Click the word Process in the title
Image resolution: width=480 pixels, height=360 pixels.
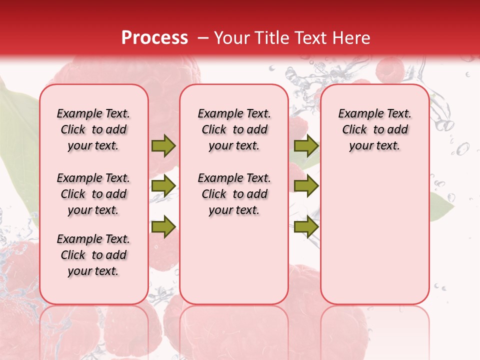coord(154,38)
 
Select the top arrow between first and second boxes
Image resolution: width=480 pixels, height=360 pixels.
coord(163,146)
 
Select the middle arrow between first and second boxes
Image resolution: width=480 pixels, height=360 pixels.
coord(163,186)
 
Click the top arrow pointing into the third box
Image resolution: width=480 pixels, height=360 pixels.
coord(306,146)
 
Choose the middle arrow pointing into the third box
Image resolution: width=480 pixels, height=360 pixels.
coord(306,186)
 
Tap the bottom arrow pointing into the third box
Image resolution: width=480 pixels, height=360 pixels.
coord(306,227)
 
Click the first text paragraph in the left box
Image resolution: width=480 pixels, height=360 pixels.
coord(93,129)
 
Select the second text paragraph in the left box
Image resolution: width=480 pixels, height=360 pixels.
coord(93,194)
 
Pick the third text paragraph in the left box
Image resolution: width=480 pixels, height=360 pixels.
coord(93,255)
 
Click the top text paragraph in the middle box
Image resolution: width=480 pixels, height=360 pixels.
coord(234,129)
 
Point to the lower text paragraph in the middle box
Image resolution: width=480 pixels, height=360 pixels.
coord(234,194)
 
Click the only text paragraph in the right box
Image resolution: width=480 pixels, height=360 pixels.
coord(374,129)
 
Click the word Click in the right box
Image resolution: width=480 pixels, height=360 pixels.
coord(354,130)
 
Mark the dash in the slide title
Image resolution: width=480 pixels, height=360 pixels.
coord(203,38)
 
